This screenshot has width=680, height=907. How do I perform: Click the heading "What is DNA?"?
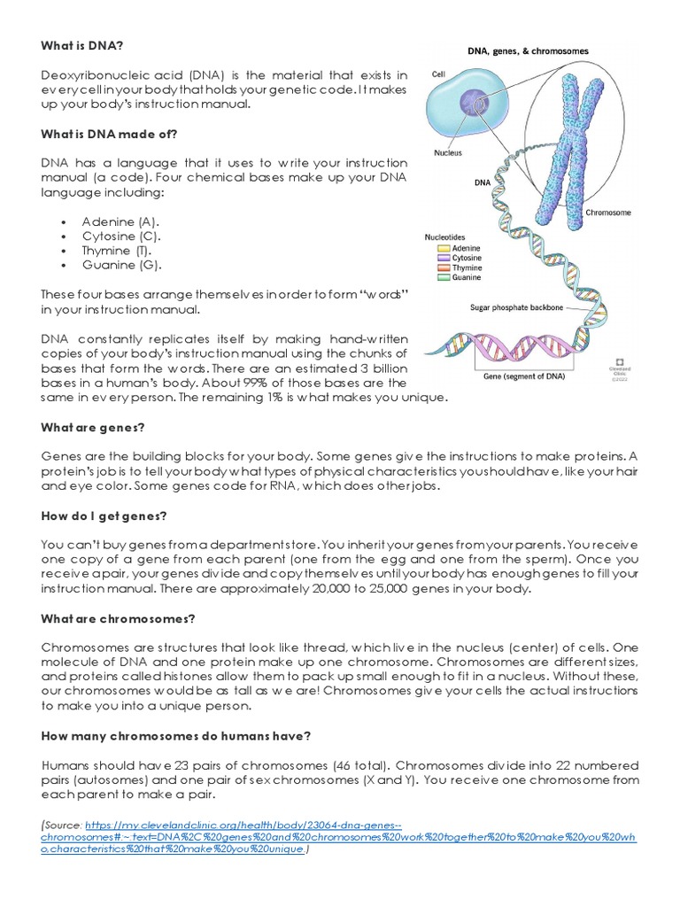coord(78,46)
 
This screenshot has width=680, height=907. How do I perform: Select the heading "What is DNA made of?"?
coord(109,134)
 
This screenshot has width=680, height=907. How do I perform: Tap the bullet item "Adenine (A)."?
coord(121,221)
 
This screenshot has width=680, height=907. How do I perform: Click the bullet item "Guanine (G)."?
coord(122,265)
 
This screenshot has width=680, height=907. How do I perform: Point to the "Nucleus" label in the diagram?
coord(447,151)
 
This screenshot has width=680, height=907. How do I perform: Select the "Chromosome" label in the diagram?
coord(607,213)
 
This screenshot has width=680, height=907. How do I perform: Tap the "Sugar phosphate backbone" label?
coord(518,309)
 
